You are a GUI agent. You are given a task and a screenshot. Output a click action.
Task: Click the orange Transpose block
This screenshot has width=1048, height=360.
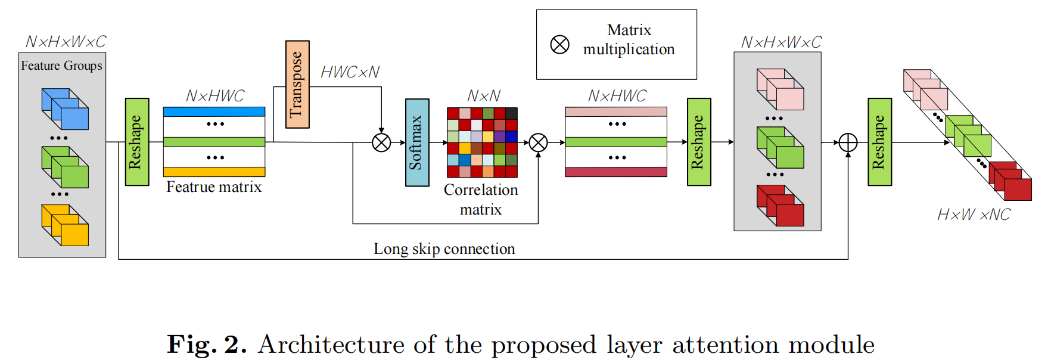297,84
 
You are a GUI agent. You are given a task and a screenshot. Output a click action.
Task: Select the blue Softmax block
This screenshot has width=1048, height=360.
417,142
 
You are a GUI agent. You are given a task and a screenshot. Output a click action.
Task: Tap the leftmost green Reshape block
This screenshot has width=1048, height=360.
137,142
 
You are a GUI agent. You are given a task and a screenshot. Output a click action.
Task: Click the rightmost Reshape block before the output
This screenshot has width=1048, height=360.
879,142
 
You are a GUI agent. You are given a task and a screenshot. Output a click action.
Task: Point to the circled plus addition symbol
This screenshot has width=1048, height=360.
848,142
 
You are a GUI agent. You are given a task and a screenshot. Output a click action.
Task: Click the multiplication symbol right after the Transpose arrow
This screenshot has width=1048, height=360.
381,142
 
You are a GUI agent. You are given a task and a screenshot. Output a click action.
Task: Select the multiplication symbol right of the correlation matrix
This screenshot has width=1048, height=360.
538,142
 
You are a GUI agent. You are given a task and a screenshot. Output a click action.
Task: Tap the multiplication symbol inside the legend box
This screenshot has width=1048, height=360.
559,45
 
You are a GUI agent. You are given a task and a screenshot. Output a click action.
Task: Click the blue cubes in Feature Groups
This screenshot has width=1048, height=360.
65,109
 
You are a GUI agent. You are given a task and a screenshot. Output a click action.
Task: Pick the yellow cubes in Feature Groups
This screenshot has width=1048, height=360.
65,225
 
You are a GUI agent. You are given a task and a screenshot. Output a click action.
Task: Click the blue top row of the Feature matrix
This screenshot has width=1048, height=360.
214,111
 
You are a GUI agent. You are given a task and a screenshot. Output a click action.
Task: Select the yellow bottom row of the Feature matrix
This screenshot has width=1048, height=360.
214,172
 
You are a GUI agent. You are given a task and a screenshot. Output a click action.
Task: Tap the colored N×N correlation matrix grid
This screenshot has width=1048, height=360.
482,142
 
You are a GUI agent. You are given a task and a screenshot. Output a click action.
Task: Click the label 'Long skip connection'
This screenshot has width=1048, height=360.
444,249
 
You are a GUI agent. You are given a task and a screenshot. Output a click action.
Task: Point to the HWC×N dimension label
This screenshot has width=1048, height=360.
350,72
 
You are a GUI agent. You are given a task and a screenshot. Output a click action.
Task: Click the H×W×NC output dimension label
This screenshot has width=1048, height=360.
974,215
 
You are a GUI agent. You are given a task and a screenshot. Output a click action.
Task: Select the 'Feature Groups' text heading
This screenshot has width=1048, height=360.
61,66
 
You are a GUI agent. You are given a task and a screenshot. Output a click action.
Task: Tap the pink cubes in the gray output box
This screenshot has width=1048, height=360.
780,89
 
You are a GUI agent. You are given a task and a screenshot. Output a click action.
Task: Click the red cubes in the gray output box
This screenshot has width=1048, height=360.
780,206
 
